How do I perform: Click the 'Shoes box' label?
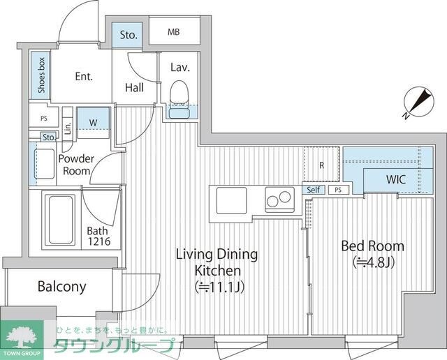coord(42,75)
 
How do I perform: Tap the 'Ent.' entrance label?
coord(84,77)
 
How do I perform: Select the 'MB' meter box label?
coord(174,33)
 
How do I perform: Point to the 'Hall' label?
coord(135,87)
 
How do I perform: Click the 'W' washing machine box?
coord(93,121)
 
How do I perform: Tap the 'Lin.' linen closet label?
coord(68,127)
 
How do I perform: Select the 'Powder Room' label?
coord(76,165)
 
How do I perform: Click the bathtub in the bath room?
coord(60,218)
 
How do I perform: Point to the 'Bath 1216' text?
coord(98,237)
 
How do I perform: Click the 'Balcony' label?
coord(61,286)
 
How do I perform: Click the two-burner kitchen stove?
coord(280,201)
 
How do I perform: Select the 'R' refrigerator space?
coord(321,165)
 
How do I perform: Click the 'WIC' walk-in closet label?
coord(396,179)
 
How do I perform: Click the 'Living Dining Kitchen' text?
coord(217,269)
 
